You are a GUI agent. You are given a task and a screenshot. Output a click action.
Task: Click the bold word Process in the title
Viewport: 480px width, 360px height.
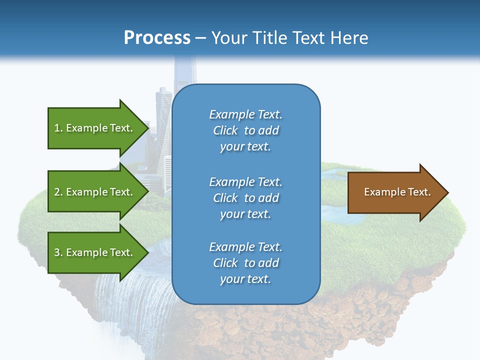pyautogui.click(x=157, y=38)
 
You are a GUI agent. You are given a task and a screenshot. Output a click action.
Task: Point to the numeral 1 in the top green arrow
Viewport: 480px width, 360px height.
pyautogui.click(x=57, y=128)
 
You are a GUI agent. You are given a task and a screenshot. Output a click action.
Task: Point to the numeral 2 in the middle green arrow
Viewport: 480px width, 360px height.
pyautogui.click(x=57, y=192)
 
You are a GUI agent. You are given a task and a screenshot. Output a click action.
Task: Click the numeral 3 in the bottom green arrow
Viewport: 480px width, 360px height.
pyautogui.click(x=57, y=252)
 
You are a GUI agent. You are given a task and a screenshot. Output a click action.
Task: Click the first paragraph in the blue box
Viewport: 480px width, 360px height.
pyautogui.click(x=245, y=130)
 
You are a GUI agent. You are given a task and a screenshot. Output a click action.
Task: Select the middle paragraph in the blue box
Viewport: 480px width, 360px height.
pyautogui.click(x=245, y=197)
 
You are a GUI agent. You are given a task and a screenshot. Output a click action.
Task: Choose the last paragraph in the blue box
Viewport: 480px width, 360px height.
pyautogui.click(x=245, y=263)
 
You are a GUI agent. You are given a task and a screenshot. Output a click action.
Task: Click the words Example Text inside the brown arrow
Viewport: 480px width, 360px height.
pyautogui.click(x=397, y=192)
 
